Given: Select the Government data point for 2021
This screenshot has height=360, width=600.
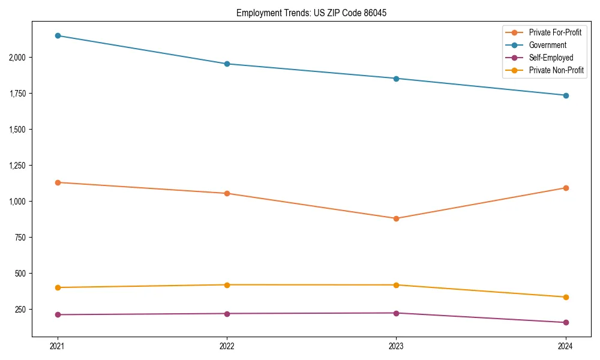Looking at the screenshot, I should [x=58, y=35].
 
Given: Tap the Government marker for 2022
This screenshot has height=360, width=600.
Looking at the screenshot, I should [x=227, y=64].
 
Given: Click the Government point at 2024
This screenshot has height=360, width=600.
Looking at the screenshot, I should [x=566, y=95].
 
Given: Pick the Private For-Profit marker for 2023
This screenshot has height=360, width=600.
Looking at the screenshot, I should [x=396, y=218].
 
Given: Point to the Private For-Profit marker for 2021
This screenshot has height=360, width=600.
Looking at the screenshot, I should [x=58, y=182].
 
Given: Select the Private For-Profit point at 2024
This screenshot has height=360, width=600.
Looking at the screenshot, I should [x=566, y=188].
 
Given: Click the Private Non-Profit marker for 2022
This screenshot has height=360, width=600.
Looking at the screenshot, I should [x=227, y=285].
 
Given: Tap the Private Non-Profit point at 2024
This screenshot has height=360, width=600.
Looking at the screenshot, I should [x=566, y=297].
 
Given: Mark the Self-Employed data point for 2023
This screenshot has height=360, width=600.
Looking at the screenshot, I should [x=396, y=313].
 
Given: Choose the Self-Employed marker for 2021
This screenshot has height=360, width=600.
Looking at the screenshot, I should [x=58, y=314].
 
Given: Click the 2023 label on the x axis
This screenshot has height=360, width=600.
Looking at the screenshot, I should [x=396, y=346].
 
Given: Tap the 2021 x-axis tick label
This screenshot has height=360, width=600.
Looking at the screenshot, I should [x=58, y=346].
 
